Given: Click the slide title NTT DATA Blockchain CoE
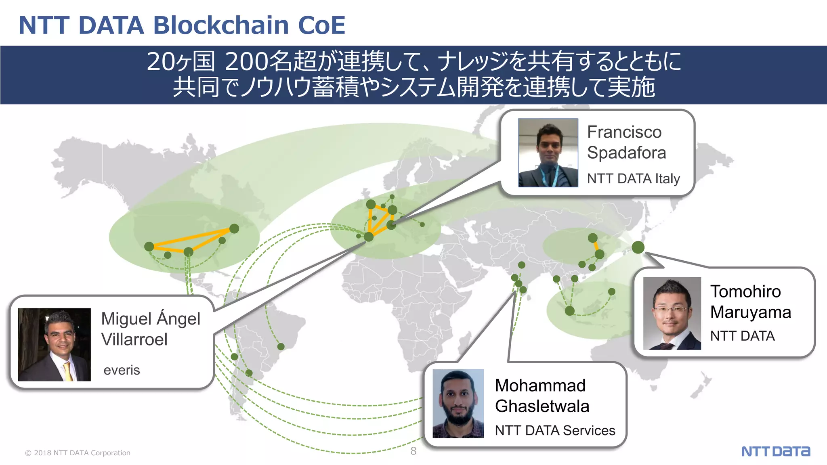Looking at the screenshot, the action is (x=182, y=25).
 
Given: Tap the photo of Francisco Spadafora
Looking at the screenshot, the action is (x=548, y=153).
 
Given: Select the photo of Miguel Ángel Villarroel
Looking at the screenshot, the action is (x=54, y=344).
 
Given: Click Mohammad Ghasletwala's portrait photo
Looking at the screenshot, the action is (x=458, y=403).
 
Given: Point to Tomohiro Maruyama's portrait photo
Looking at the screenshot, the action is (x=672, y=313).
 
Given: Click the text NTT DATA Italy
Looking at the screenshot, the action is (x=633, y=178).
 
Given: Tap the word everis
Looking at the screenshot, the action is (x=122, y=370).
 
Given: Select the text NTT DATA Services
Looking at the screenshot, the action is (x=555, y=430).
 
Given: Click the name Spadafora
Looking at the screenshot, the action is (x=626, y=153).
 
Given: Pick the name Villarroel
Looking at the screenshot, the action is (x=134, y=339).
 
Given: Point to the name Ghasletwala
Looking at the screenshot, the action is (x=542, y=406).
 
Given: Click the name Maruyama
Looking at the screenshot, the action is (x=750, y=312).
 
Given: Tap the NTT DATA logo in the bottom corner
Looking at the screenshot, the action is (x=775, y=451).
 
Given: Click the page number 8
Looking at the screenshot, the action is (x=413, y=451).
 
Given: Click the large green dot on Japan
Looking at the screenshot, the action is (x=638, y=247).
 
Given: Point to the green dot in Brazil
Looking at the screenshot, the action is (x=281, y=346).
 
